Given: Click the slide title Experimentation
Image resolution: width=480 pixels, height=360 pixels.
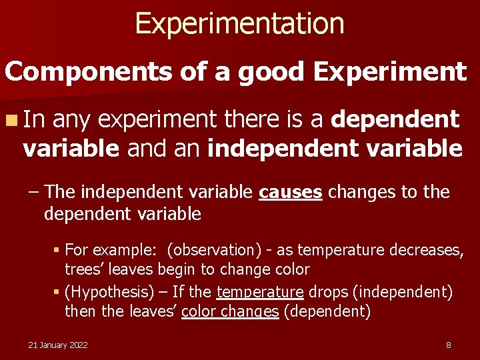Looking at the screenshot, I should tap(239, 23).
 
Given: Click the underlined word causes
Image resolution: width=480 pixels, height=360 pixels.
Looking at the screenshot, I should tap(291, 193).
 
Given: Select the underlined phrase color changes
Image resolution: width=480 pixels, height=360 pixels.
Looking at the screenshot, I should tap(230, 311).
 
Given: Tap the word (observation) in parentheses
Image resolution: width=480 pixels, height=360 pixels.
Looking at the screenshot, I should tap(215, 250).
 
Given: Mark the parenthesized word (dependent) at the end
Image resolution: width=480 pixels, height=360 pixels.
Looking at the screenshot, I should tap(327, 311).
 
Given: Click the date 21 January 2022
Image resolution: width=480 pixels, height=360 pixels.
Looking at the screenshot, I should tap(57, 345).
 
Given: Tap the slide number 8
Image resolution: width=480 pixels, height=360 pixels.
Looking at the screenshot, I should tap(449, 345).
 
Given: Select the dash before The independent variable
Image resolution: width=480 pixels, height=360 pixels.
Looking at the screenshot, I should tap(34, 193).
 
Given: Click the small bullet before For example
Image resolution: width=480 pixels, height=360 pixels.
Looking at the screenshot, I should tap(57, 251).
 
